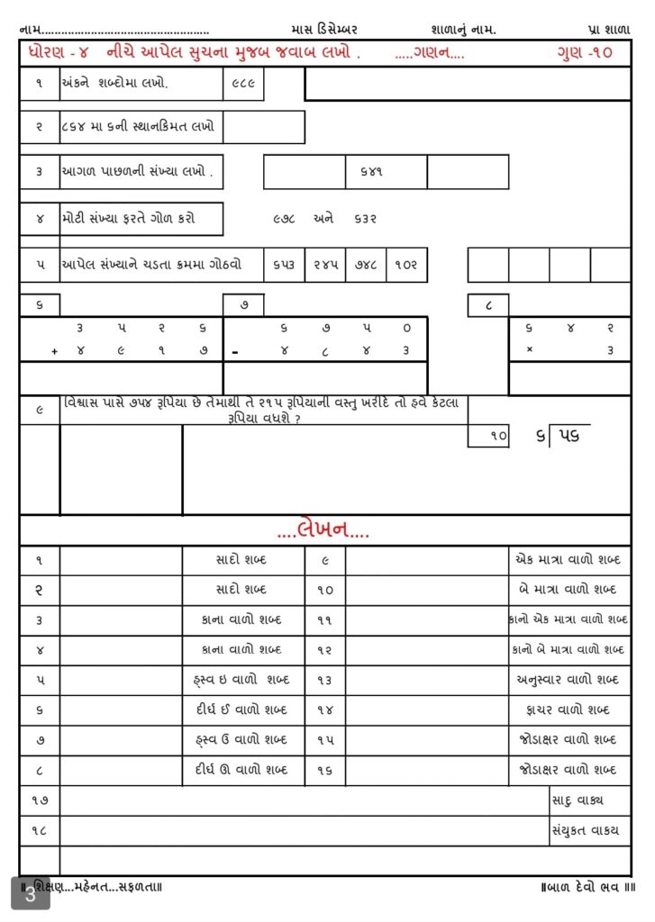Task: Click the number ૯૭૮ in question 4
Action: tap(285, 218)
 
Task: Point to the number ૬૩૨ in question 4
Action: tap(364, 218)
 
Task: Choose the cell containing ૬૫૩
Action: tap(285, 266)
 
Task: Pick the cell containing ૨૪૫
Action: tap(325, 266)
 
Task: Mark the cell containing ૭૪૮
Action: tap(366, 266)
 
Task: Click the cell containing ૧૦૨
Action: tap(406, 266)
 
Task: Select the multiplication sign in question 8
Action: tap(528, 351)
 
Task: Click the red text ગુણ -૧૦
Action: tap(585, 52)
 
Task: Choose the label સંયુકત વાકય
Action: tap(585, 830)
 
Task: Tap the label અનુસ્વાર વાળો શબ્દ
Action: tap(568, 680)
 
